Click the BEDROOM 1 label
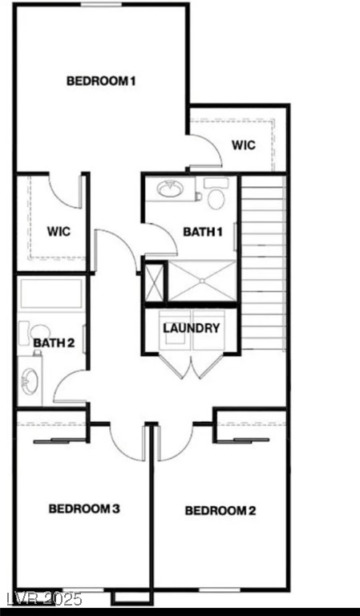pyautogui.click(x=101, y=81)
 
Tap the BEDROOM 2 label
pyautogui.click(x=220, y=511)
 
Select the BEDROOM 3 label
pyautogui.click(x=84, y=509)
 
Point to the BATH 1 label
pyautogui.click(x=203, y=232)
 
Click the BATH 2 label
pyautogui.click(x=54, y=343)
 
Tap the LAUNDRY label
pyautogui.click(x=191, y=328)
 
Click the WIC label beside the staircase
pyautogui.click(x=244, y=145)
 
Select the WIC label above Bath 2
pyautogui.click(x=59, y=231)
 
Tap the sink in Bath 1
pyautogui.click(x=170, y=189)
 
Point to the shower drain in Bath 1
pyautogui.click(x=202, y=281)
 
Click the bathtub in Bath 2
pyautogui.click(x=51, y=294)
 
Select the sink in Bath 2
pyautogui.click(x=30, y=381)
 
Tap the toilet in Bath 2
pyautogui.click(x=34, y=332)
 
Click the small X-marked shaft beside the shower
pyautogui.click(x=153, y=282)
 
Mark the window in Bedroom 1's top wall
pyautogui.click(x=101, y=5)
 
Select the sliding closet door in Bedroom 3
pyautogui.click(x=59, y=440)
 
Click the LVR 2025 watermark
pyautogui.click(x=41, y=599)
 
